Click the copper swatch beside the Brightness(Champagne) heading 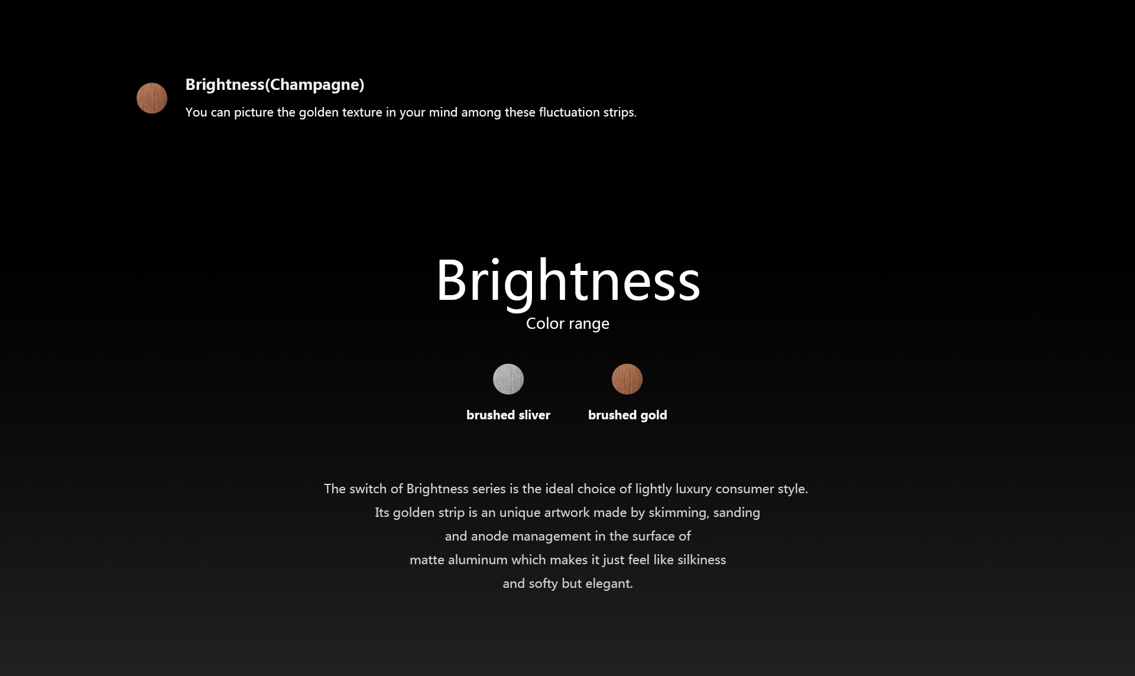[x=152, y=98]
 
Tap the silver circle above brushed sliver [x=508, y=379]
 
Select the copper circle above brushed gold [x=627, y=379]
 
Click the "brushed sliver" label [x=508, y=415]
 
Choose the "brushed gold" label [x=628, y=415]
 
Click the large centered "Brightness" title [x=568, y=282]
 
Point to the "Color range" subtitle [x=567, y=324]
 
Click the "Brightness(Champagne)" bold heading [x=275, y=85]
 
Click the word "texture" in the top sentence [x=362, y=112]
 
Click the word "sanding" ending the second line [x=737, y=513]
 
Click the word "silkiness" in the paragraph [x=702, y=560]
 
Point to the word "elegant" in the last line [x=609, y=584]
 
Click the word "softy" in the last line [x=543, y=584]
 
